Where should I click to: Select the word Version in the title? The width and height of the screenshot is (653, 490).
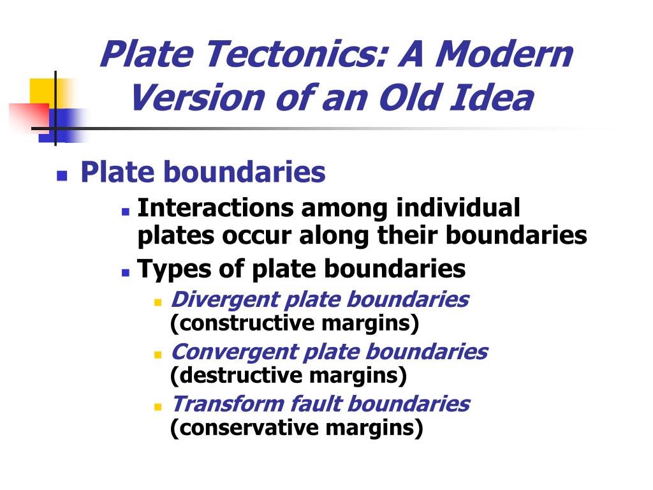coord(198,98)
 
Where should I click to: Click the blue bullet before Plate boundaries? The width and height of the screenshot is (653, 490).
coord(62,175)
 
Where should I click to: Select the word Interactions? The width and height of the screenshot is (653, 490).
coord(215,207)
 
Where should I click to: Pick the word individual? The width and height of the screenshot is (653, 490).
coord(458,207)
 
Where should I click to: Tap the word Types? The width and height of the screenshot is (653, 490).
coord(175,269)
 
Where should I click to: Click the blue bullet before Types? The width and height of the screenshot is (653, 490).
coord(126,273)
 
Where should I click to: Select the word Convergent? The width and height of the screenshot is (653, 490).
coord(235,352)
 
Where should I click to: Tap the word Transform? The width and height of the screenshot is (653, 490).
coord(228,404)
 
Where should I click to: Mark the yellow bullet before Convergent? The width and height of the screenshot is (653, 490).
coord(158,355)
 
